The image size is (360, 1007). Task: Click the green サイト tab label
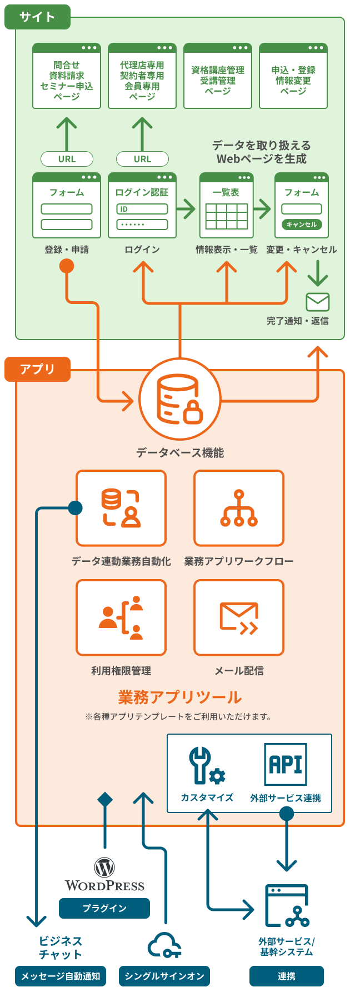click(x=37, y=17)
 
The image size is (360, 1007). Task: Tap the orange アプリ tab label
click(x=37, y=369)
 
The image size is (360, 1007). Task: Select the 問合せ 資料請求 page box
click(x=67, y=76)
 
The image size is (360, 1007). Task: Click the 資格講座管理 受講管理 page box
click(x=218, y=76)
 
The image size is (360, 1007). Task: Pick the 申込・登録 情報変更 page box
click(x=293, y=76)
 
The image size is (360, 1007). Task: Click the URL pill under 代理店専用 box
click(x=142, y=159)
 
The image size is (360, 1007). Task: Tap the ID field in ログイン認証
click(x=142, y=209)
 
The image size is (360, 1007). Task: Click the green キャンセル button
click(x=302, y=225)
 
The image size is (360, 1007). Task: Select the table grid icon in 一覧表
click(x=227, y=216)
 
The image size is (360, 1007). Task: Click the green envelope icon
click(x=318, y=302)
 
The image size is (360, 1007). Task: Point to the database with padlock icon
click(x=179, y=399)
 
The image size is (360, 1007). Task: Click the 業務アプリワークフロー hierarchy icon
click(x=239, y=508)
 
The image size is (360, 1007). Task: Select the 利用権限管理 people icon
click(x=121, y=617)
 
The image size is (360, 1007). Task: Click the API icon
click(x=286, y=764)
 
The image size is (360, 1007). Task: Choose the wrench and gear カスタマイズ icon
click(x=207, y=766)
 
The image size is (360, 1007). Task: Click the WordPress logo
click(x=104, y=875)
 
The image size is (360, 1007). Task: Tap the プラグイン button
click(x=104, y=908)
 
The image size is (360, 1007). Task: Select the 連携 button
click(x=287, y=976)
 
